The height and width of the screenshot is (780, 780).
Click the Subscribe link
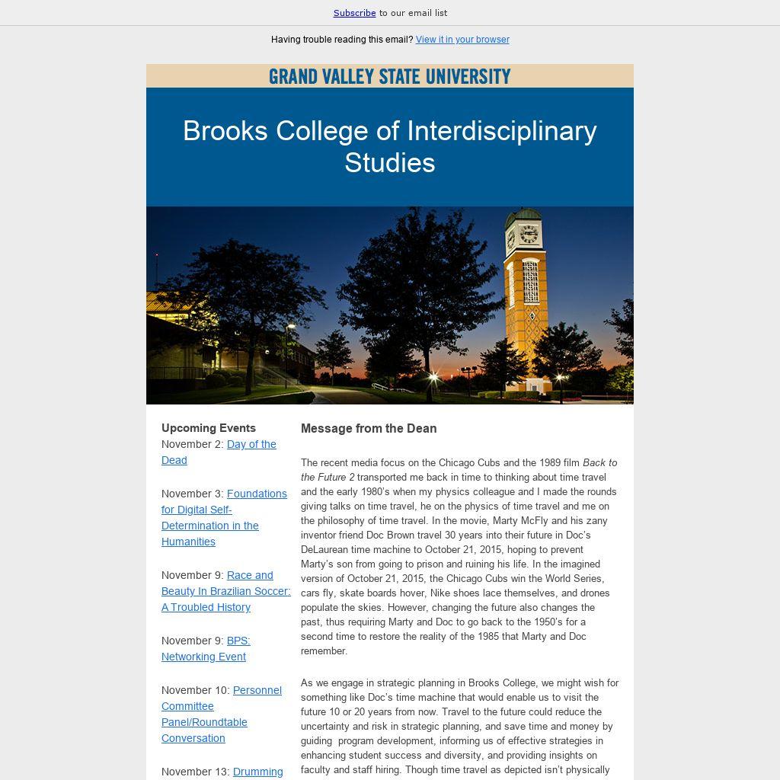coord(354,13)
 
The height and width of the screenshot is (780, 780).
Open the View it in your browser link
coord(462,40)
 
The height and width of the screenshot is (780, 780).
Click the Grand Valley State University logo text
coord(389,76)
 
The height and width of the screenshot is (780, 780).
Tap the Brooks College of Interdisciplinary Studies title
coord(389,146)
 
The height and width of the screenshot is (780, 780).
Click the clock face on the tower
coord(529,234)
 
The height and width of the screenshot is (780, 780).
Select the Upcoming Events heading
coord(209,428)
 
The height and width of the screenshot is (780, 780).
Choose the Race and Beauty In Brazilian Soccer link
coord(225,591)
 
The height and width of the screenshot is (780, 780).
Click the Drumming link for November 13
coord(257,772)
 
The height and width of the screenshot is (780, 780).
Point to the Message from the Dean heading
coord(369,429)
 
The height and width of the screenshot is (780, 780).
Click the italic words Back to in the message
coord(600,462)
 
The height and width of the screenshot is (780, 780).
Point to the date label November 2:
coord(192,444)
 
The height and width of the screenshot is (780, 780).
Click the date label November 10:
coord(195,690)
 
